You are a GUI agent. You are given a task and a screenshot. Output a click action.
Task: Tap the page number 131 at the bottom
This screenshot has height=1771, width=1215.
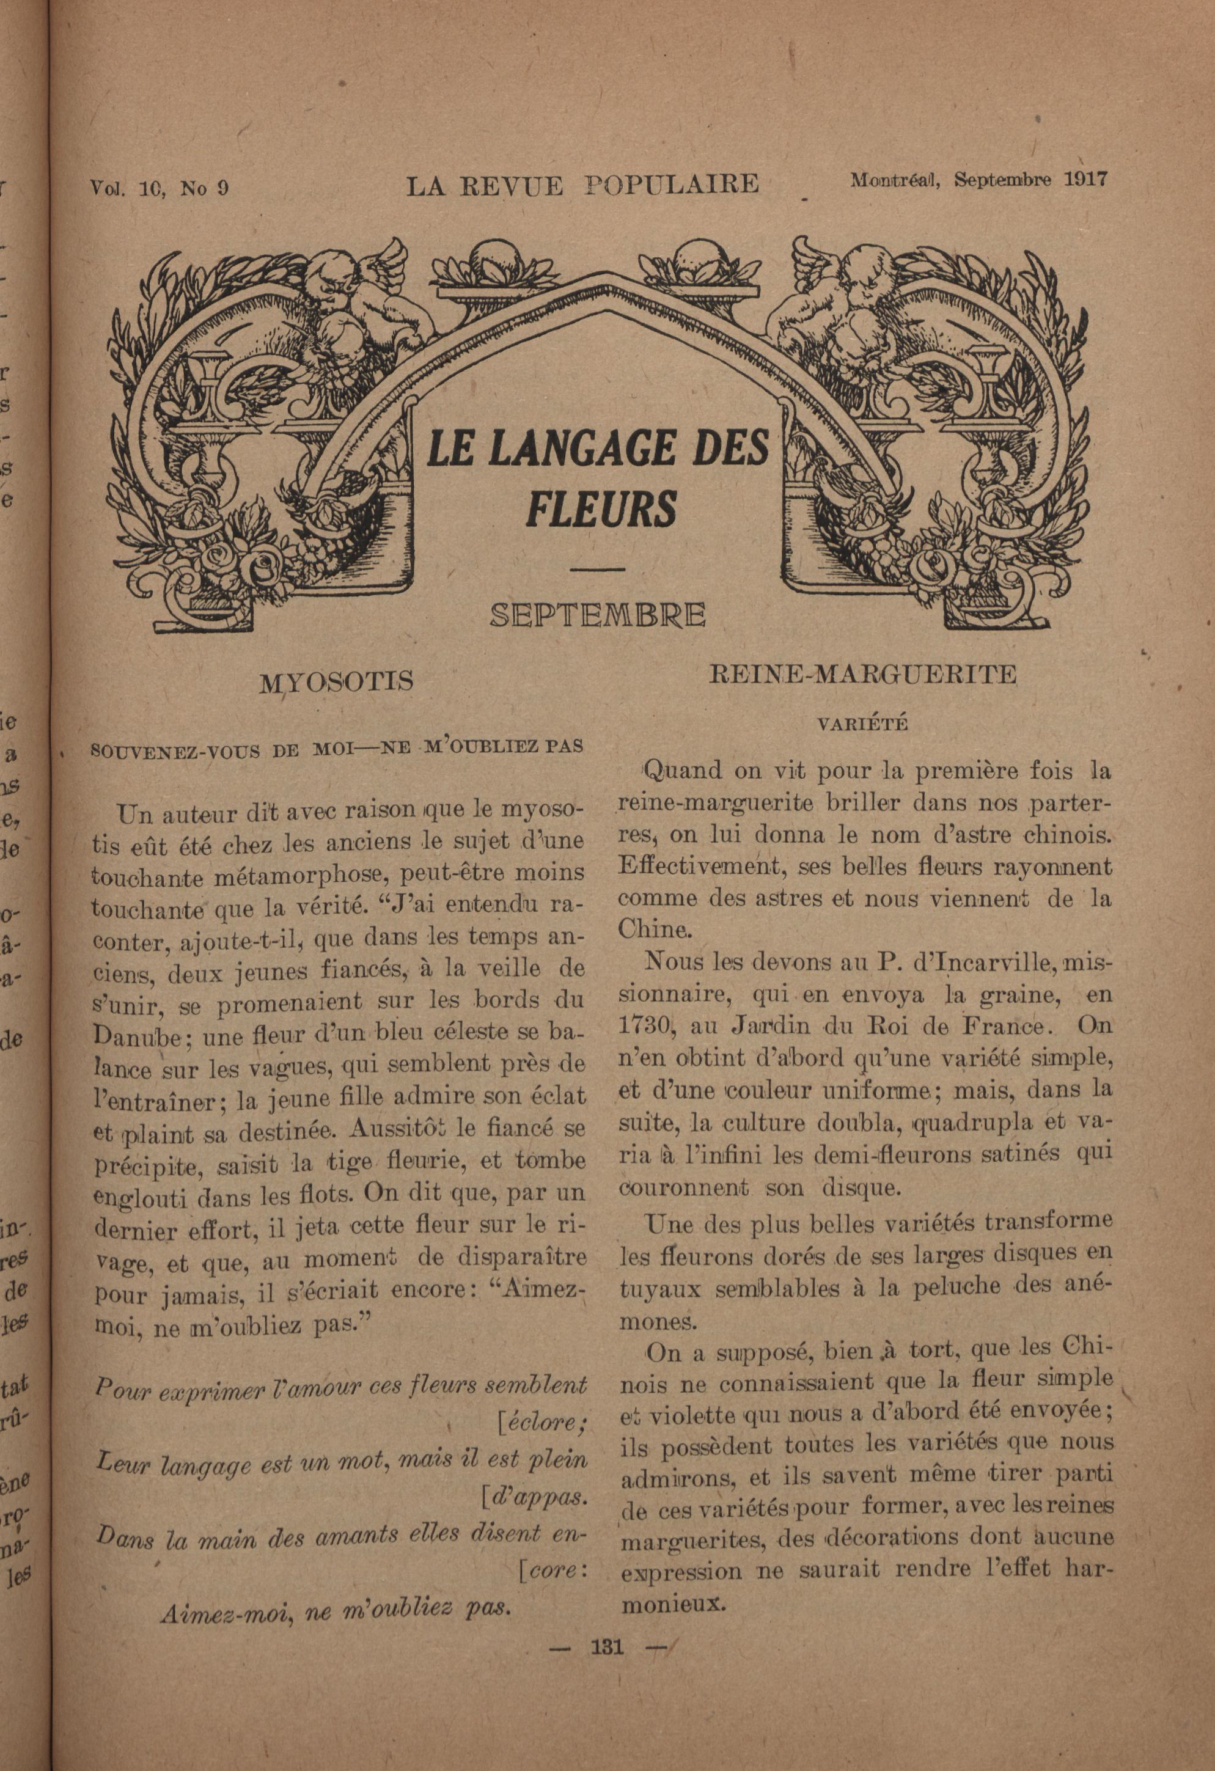(607, 1648)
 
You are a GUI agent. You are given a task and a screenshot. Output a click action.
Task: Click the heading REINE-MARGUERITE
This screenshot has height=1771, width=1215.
(863, 675)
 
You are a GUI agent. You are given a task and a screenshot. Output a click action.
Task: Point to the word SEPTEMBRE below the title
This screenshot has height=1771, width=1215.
(598, 614)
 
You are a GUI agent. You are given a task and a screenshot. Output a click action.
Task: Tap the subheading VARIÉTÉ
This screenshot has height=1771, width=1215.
(863, 725)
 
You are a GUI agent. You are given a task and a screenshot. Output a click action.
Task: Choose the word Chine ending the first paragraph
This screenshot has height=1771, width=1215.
(652, 930)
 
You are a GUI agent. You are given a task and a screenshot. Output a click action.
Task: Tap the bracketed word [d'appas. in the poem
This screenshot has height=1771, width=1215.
(535, 1499)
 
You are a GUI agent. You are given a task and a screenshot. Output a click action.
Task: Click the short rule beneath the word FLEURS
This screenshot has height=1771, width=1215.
(598, 568)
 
